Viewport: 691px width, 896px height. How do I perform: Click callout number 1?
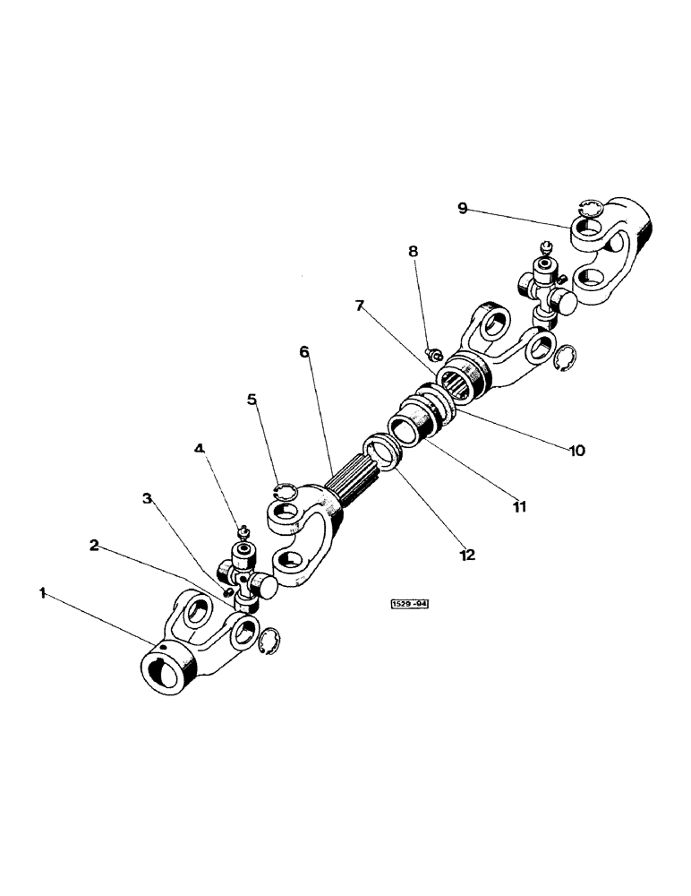pyautogui.click(x=41, y=592)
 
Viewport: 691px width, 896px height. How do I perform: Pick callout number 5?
pyautogui.click(x=253, y=399)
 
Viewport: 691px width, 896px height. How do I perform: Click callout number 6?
pyautogui.click(x=304, y=352)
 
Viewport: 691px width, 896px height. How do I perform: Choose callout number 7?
pyautogui.click(x=359, y=306)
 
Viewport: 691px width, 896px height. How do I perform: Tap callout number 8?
pyautogui.click(x=413, y=252)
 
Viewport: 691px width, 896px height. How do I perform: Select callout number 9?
pyautogui.click(x=462, y=208)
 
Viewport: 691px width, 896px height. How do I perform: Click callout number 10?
pyautogui.click(x=576, y=451)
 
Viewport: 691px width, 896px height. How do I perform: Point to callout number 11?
pyautogui.click(x=520, y=506)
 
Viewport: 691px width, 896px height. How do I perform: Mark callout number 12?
pyautogui.click(x=466, y=556)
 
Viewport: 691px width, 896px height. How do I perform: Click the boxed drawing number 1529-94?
pyautogui.click(x=410, y=605)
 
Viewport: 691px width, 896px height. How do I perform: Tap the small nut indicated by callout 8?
pyautogui.click(x=431, y=354)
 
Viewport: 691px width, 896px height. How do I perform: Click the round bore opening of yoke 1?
pyautogui.click(x=163, y=673)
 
